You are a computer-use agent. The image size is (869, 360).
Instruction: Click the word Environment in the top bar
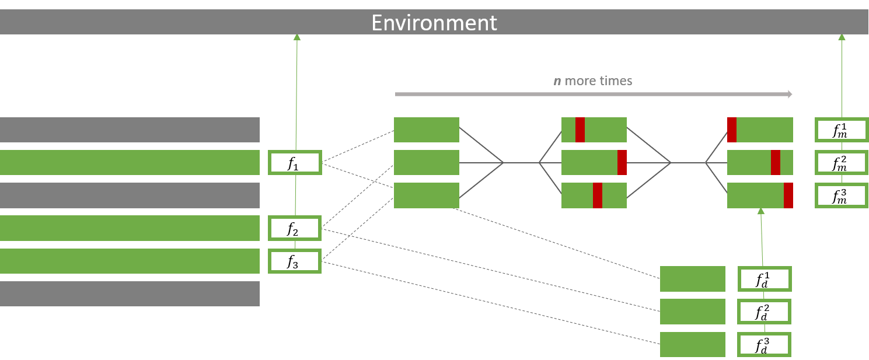coord(434,23)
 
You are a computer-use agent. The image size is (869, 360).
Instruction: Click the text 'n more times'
coord(592,81)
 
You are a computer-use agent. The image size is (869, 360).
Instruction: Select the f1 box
coord(295,163)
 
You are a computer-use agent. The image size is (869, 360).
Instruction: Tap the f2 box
coord(295,228)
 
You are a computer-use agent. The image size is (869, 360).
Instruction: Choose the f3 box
coord(295,261)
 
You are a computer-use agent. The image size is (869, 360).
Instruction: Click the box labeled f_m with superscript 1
coord(842,130)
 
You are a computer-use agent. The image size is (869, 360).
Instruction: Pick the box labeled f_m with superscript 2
coord(842,163)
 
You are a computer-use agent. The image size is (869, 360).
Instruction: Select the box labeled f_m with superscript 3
coord(842,195)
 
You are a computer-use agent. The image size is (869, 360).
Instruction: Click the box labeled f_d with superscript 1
coord(765,279)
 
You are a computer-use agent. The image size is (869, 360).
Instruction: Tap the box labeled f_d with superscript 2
coord(765,312)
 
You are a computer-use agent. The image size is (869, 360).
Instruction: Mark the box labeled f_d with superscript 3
coord(765,344)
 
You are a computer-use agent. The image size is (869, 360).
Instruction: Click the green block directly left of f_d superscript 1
coord(692,279)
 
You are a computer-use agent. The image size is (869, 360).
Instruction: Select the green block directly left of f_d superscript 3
coord(692,344)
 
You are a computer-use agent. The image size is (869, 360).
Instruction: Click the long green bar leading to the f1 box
coord(130,163)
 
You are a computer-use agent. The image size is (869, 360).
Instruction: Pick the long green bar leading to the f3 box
coord(130,261)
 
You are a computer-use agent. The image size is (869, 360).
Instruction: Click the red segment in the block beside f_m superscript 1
coord(731,130)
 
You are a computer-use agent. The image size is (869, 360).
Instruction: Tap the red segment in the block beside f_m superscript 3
coord(788,195)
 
